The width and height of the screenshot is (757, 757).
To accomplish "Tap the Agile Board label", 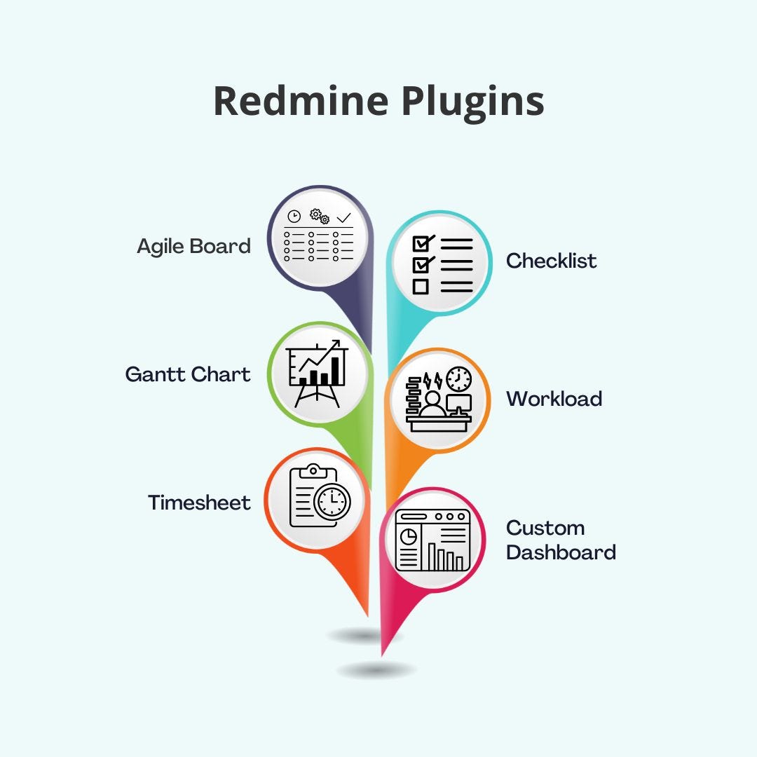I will [193, 246].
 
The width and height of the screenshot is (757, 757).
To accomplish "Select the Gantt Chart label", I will [188, 374].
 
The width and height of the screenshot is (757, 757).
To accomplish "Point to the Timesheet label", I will [199, 503].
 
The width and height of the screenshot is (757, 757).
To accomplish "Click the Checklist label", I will [551, 261].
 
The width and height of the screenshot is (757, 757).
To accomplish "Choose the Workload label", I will [554, 399].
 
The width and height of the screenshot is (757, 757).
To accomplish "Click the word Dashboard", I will [561, 552].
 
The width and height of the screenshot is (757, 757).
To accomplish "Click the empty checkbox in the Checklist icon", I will [421, 286].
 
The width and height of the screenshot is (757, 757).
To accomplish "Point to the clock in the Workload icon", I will [458, 379].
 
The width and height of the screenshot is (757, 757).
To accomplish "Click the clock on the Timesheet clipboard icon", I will [332, 501].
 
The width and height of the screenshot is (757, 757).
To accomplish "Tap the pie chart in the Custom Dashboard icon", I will [408, 537].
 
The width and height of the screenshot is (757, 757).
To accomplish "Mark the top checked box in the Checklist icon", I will [421, 243].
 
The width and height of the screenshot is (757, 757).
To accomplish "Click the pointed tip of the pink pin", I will [383, 655].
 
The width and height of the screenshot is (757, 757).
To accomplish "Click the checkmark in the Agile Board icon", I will [344, 218].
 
